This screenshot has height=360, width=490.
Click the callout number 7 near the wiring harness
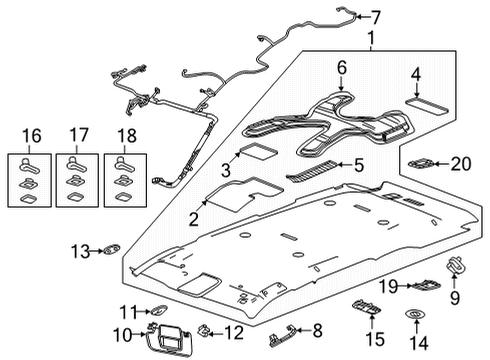[377, 16]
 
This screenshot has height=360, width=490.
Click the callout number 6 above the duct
[341, 68]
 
